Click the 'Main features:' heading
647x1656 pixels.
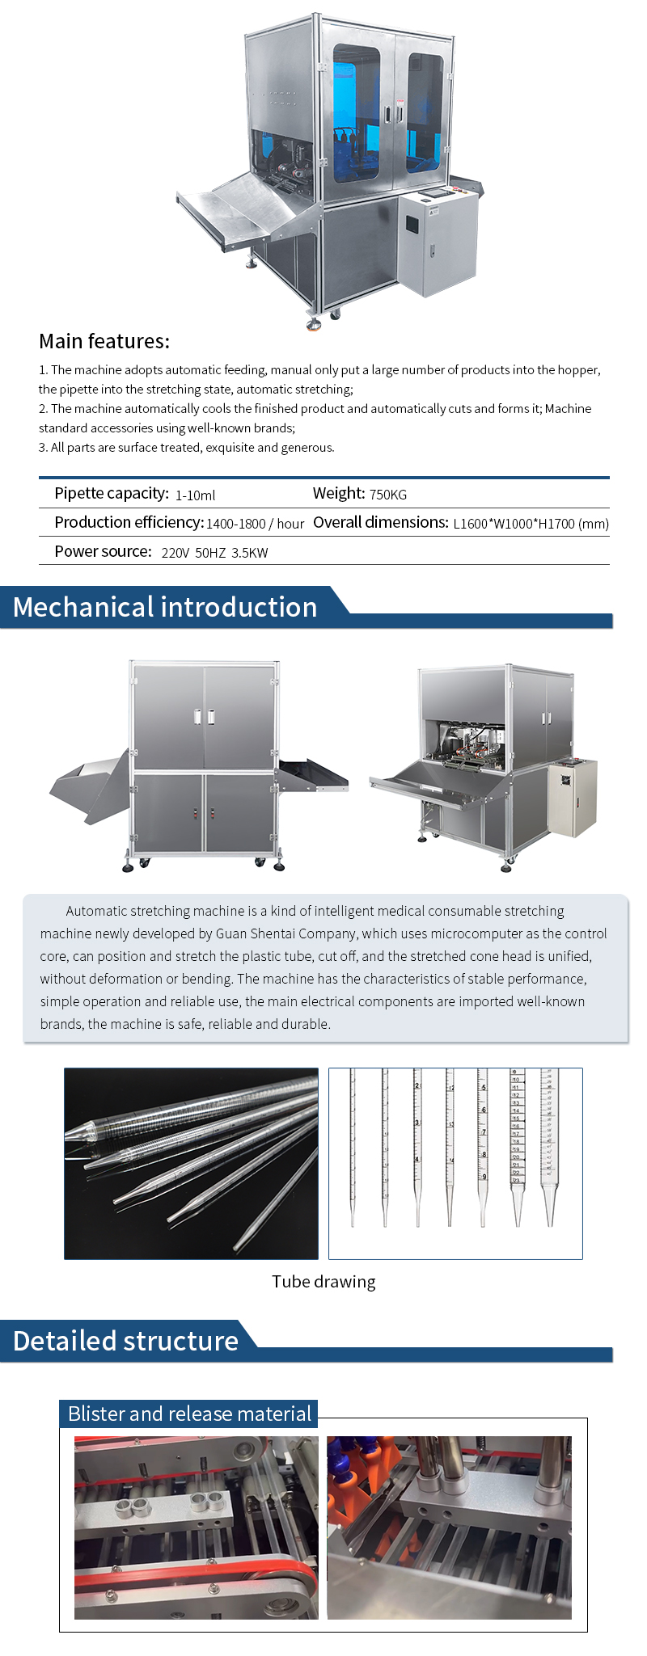104,341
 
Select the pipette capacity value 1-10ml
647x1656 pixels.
195,495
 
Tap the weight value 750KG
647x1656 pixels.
387,494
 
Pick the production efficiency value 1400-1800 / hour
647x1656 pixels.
255,524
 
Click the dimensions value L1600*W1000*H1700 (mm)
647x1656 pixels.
531,524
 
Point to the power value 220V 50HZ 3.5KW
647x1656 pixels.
214,553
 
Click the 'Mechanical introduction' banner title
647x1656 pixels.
165,607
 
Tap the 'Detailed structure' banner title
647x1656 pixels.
125,1341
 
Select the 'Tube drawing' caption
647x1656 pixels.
323,1282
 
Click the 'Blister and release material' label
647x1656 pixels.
189,1414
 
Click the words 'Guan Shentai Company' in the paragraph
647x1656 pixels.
287,933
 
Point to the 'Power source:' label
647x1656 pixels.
103,551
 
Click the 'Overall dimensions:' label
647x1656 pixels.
380,522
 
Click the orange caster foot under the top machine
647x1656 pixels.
314,325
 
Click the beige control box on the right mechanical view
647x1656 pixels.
573,797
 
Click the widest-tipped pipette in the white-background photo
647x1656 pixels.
550,1148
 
